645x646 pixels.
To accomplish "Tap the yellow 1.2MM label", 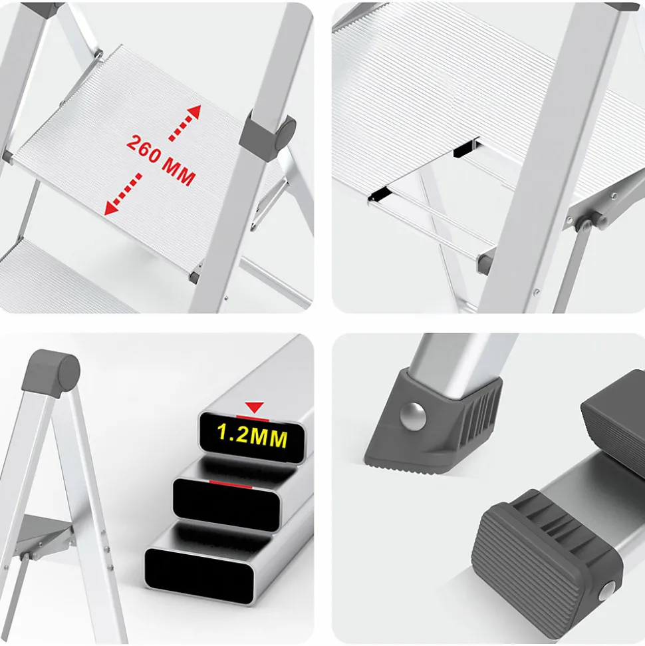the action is click(x=252, y=436).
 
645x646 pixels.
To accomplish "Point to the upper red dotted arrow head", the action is click(x=193, y=112).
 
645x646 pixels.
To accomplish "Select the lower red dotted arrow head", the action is click(x=111, y=208).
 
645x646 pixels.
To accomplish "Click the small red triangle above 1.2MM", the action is click(x=254, y=407).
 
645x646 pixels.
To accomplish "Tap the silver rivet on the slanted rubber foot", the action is click(x=413, y=416).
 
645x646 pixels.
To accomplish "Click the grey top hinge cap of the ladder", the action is click(x=51, y=373).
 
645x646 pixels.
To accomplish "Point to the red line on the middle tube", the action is click(x=230, y=484).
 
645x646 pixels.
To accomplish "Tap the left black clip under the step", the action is click(x=379, y=194).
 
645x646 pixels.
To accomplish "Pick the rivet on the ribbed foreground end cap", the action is click(x=606, y=591).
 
